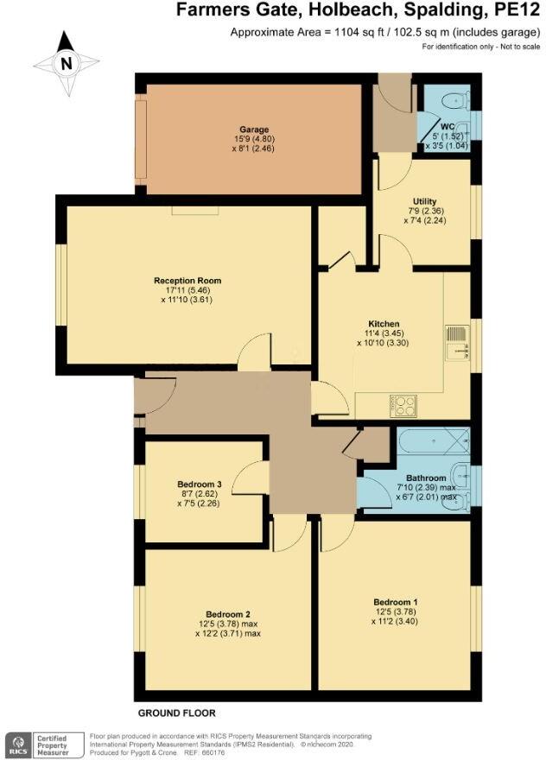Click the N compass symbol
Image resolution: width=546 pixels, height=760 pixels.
66,63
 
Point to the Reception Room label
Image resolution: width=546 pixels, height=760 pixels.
187,281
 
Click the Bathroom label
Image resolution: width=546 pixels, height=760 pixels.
427,478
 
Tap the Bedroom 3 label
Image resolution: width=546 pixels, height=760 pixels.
200,484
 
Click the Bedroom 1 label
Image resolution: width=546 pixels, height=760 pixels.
396,602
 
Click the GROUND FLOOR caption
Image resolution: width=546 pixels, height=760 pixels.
176,713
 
